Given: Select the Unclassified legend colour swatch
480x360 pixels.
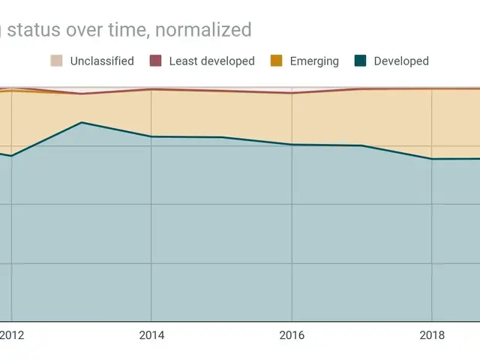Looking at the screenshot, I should tap(57, 61).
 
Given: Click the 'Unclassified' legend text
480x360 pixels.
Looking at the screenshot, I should tap(102, 61).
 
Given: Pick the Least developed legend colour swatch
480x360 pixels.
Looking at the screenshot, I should tap(156, 61).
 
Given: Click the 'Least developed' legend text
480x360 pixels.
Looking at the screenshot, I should tap(212, 61).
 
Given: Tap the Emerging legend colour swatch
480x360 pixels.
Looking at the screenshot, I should tap(277, 61).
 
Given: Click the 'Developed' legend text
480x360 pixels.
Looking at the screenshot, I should tap(401, 61).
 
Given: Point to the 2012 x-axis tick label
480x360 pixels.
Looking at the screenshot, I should tap(11, 335).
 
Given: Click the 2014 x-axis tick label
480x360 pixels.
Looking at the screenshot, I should tap(151, 335).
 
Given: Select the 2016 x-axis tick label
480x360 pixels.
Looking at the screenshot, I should tap(292, 335).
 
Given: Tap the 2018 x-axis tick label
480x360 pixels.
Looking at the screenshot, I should tap(431, 335).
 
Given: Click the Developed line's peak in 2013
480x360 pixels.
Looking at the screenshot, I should tap(81, 122).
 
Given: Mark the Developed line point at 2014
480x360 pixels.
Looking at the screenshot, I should tap(151, 136).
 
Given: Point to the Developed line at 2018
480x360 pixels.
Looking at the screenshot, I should tap(431, 159).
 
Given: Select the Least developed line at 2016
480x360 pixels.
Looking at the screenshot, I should tap(292, 93).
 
